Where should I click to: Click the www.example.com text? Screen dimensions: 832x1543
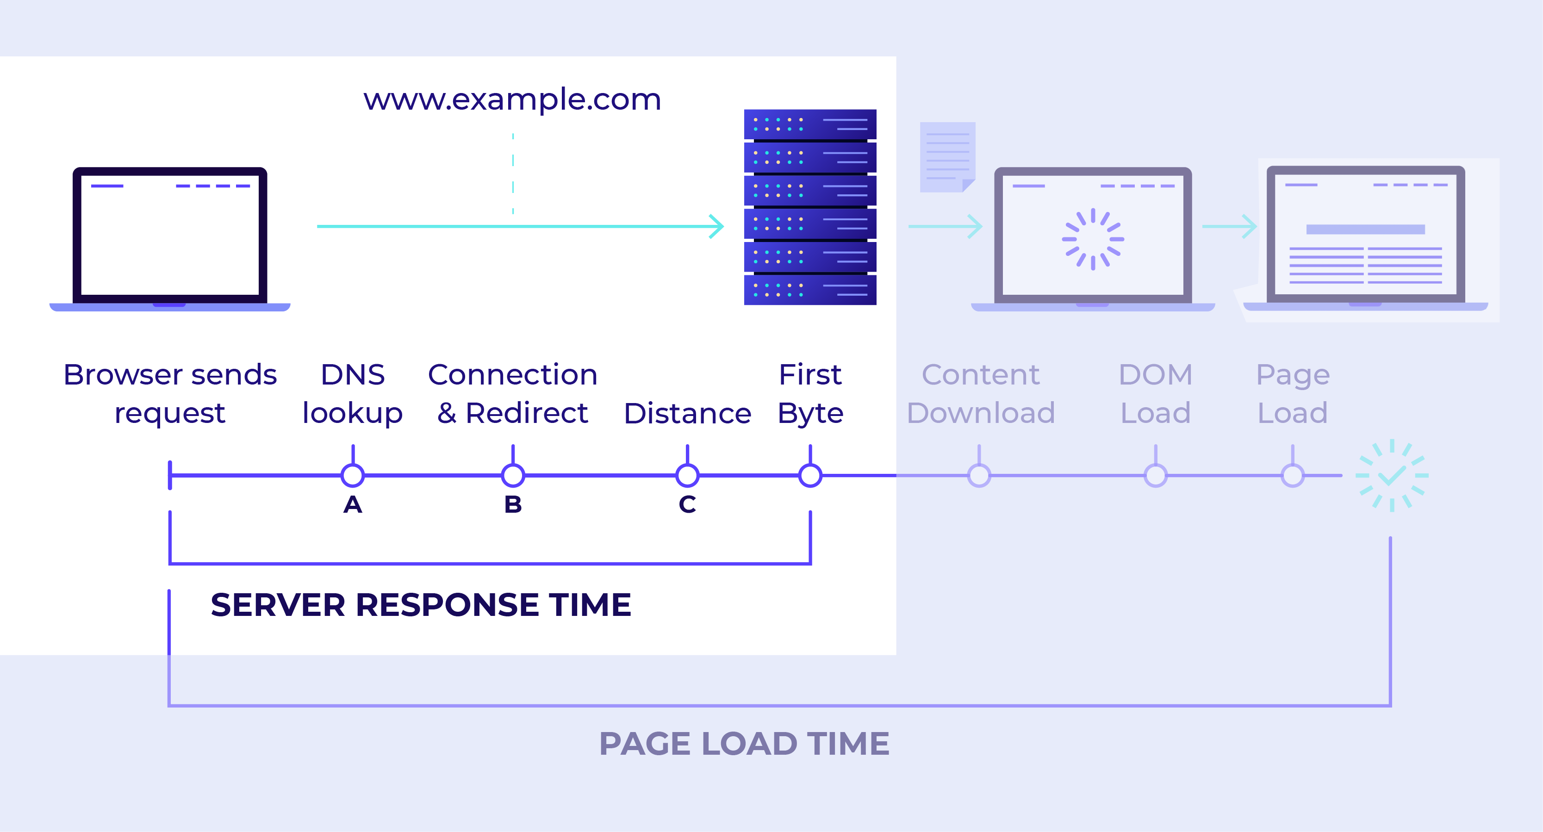pos(512,99)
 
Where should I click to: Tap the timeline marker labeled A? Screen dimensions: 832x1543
pos(353,476)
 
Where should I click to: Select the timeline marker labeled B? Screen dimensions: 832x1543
pos(513,476)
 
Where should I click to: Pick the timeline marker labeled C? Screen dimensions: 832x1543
pos(687,476)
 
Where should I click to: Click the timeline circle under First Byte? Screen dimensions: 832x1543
pos(810,476)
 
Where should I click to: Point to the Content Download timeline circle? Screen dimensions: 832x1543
pos(979,476)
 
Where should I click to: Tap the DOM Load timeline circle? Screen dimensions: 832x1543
pos(1156,476)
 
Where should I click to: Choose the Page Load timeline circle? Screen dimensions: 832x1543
pos(1293,476)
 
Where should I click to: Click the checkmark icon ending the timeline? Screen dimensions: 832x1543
pos(1392,476)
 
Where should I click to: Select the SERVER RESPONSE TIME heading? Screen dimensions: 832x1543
pos(421,604)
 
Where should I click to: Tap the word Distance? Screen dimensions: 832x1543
pos(687,413)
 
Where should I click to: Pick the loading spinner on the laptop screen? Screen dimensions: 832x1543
pos(1093,239)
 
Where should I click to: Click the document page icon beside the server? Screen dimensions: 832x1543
pos(947,157)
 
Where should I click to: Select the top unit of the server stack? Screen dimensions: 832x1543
pos(810,124)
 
